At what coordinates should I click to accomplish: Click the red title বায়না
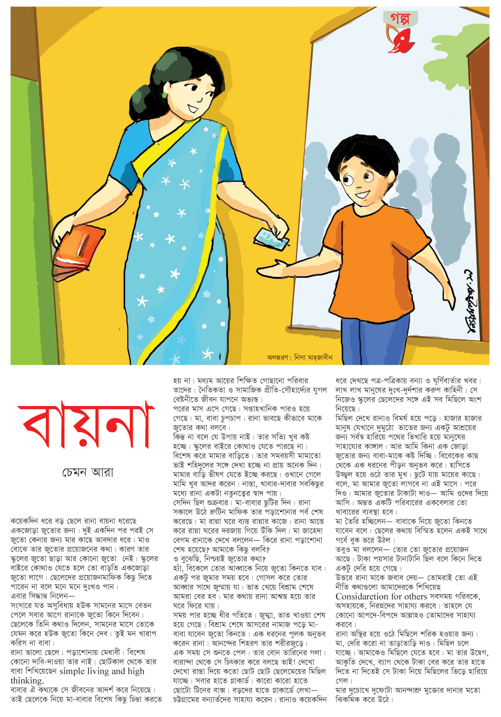pos(86,425)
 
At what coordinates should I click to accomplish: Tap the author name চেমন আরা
pos(88,472)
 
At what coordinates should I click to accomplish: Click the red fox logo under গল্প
pos(399,39)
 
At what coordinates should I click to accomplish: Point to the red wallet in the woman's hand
pos(79,250)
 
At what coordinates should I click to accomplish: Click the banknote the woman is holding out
pos(270,239)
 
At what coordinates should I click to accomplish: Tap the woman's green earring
pos(164,94)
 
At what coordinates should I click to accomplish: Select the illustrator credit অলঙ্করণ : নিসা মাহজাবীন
pos(299,357)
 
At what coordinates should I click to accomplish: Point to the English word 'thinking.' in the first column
pos(27,681)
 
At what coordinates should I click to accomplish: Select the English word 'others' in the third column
pos(416,596)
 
